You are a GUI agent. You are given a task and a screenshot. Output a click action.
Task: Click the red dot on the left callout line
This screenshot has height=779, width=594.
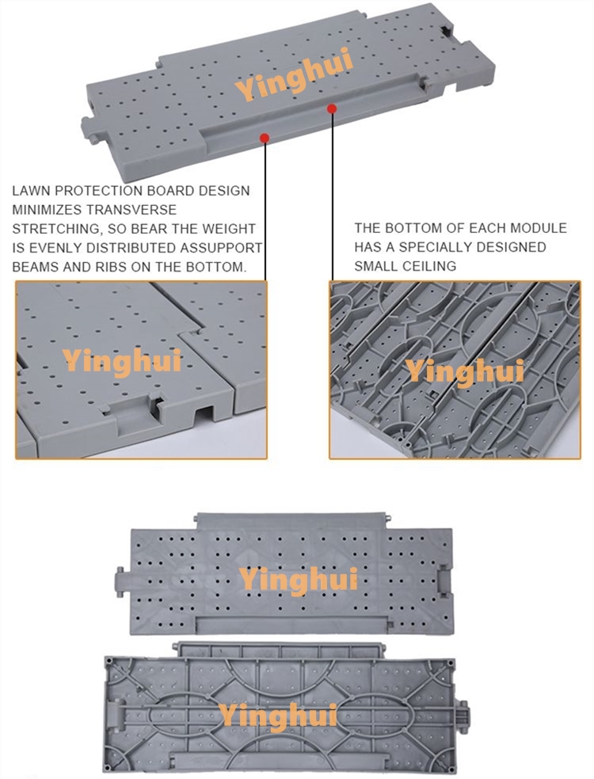tap(265, 138)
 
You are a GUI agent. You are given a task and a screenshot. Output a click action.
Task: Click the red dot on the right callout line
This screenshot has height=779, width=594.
tap(332, 108)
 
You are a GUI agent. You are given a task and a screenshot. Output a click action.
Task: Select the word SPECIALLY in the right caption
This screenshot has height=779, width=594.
tap(435, 247)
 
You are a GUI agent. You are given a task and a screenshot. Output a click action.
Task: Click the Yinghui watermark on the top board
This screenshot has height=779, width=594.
tap(295, 74)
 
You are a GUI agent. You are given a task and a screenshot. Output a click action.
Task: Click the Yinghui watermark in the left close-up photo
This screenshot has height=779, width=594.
tap(122, 361)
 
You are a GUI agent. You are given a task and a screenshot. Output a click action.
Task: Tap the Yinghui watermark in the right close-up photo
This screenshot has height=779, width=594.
tap(465, 371)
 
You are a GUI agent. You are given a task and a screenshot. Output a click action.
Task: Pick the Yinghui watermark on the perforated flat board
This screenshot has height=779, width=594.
tap(299, 579)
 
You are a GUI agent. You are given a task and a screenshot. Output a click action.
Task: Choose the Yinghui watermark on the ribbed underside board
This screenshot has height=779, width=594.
tap(278, 716)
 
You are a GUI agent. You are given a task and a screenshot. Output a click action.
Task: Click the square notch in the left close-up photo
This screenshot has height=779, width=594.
tap(204, 414)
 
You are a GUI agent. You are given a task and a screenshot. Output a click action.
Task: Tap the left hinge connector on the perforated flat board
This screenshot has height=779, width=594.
tap(122, 582)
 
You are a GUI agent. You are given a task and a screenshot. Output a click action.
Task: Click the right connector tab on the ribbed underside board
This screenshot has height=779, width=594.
tap(463, 716)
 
